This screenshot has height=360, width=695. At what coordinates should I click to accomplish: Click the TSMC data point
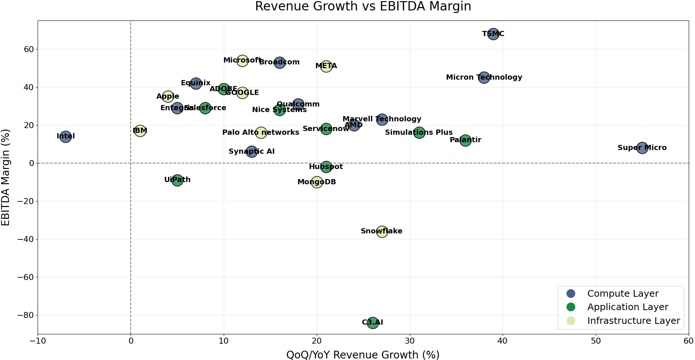pyautogui.click(x=493, y=34)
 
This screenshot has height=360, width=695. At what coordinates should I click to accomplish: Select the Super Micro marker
pyautogui.click(x=642, y=148)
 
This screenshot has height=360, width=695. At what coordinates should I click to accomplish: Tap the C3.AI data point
pyautogui.click(x=373, y=322)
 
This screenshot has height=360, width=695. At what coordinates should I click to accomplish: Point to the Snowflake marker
pyautogui.click(x=382, y=231)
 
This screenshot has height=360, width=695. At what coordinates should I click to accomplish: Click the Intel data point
pyautogui.click(x=66, y=136)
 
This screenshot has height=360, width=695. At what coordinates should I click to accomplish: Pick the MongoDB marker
pyautogui.click(x=317, y=182)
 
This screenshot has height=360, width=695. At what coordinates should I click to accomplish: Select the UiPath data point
pyautogui.click(x=177, y=180)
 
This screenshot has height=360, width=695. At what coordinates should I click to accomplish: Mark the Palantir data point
pyautogui.click(x=465, y=140)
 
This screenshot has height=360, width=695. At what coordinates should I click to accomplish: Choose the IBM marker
pyautogui.click(x=140, y=131)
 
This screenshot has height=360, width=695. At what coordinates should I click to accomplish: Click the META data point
pyautogui.click(x=326, y=66)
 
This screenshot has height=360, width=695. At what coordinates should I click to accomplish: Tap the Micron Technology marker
pyautogui.click(x=484, y=77)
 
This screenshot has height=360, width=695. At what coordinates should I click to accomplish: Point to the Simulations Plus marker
pyautogui.click(x=419, y=133)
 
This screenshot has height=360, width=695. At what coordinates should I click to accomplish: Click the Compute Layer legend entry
pyautogui.click(x=622, y=294)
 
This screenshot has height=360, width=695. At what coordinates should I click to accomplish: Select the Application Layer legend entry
pyautogui.click(x=627, y=307)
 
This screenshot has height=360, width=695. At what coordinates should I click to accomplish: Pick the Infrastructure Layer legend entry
pyautogui.click(x=633, y=321)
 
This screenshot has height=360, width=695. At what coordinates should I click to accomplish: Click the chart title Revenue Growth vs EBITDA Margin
pyautogui.click(x=363, y=7)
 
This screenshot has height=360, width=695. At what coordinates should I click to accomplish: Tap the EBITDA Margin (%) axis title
pyautogui.click(x=6, y=177)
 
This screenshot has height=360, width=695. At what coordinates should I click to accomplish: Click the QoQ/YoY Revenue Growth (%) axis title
pyautogui.click(x=363, y=355)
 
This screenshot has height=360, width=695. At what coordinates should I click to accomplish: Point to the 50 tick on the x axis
pyautogui.click(x=596, y=341)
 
